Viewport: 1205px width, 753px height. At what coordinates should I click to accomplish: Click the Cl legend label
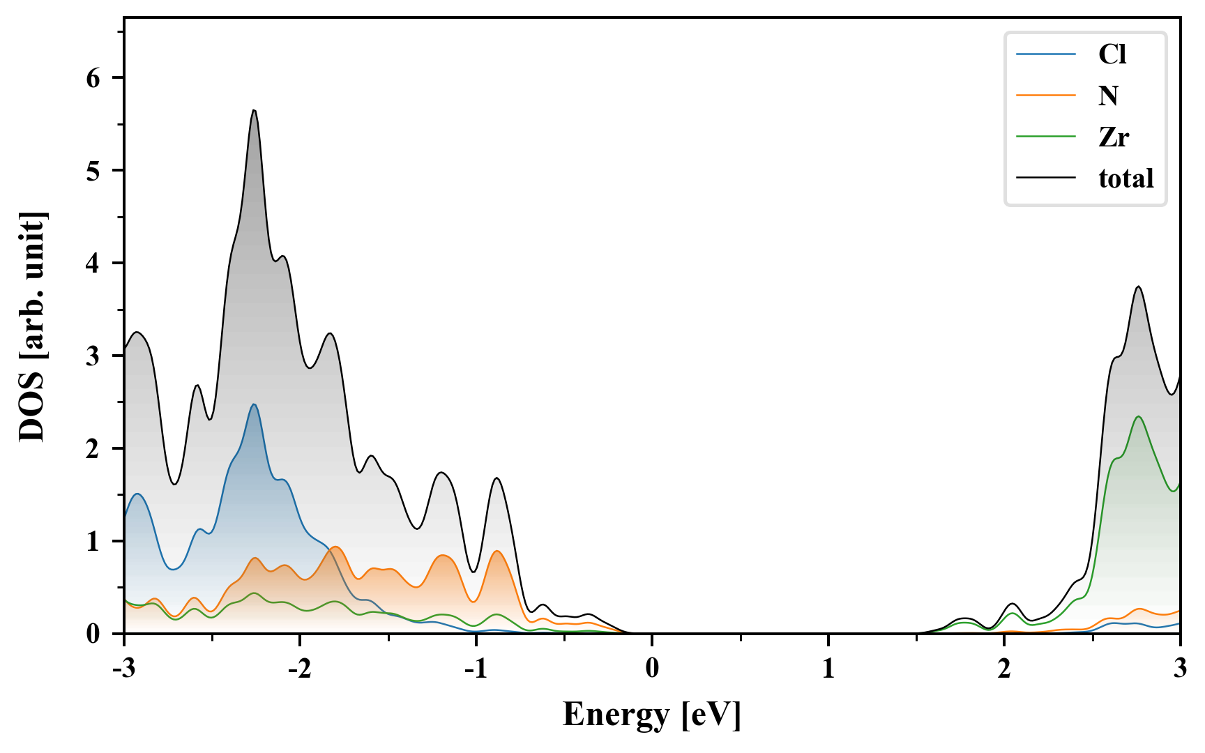pos(1112,54)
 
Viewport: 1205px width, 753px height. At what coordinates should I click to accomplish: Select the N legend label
pos(1108,96)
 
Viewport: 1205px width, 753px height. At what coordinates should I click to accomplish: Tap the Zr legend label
pos(1114,137)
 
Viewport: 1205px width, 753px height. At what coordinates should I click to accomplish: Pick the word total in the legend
pos(1126,178)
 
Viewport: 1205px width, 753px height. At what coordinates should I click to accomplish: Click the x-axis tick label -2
pos(299,669)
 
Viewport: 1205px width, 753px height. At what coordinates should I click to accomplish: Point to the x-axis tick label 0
pos(652,669)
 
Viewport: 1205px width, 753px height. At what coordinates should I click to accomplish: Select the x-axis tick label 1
pos(828,669)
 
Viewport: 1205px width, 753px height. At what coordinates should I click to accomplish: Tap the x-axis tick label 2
pos(1004,669)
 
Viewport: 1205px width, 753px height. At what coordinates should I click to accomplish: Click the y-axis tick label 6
pos(93,78)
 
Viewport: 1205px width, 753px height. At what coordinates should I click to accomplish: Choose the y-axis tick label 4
pos(93,264)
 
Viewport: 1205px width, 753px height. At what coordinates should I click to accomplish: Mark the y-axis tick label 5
pos(93,171)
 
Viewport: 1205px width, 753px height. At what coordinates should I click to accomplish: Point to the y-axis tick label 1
pos(93,542)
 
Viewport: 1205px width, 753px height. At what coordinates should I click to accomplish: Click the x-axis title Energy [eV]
pos(652,715)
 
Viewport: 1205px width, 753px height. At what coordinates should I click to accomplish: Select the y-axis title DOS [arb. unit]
pos(32,326)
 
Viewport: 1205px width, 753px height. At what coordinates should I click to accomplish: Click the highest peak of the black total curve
pos(254,110)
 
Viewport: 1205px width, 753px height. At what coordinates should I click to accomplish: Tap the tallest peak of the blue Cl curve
pos(254,404)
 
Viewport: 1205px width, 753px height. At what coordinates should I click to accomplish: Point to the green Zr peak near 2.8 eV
pos(1139,416)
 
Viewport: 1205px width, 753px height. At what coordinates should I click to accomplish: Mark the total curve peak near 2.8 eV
pos(1139,287)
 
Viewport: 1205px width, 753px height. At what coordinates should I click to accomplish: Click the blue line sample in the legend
pos(1045,54)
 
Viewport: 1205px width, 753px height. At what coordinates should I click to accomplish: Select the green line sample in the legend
pos(1045,137)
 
